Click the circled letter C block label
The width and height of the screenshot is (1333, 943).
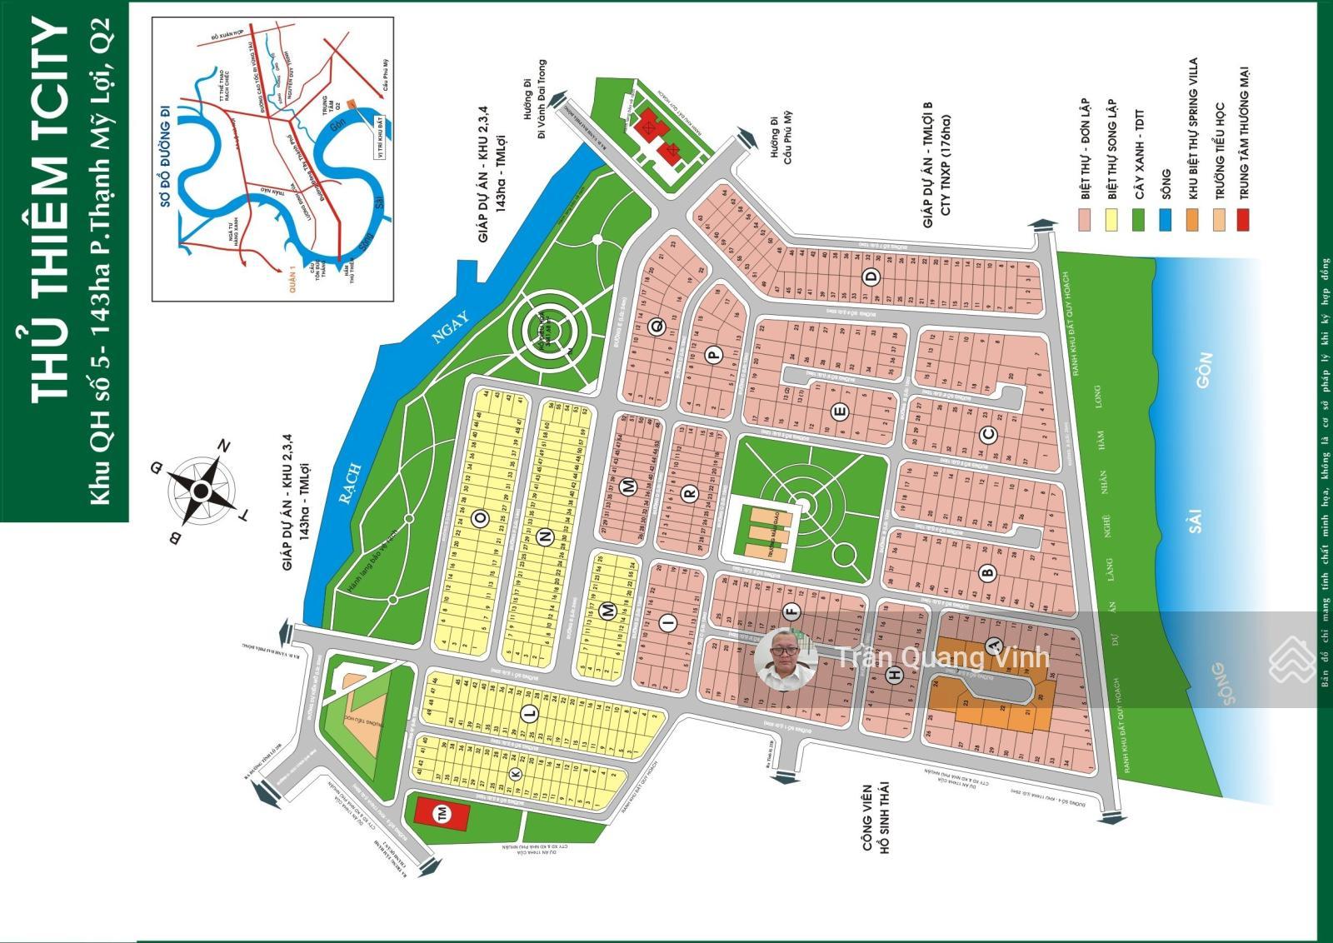pos(989,434)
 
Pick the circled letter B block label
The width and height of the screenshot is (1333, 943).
pos(988,572)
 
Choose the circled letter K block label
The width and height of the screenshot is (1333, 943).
pos(514,773)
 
